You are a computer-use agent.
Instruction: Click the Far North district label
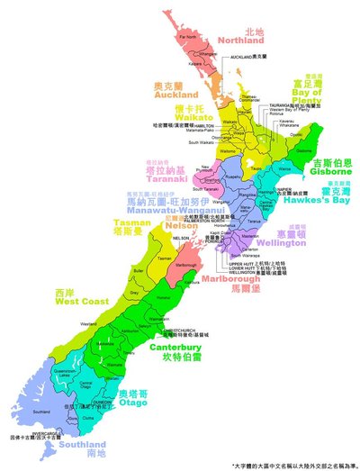pos(188,37)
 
